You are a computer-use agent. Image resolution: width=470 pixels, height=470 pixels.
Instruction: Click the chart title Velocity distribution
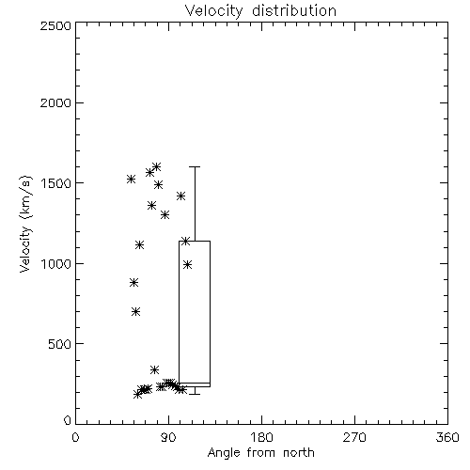(260, 11)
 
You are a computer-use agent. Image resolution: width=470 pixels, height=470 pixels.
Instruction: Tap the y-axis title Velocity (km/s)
(25, 224)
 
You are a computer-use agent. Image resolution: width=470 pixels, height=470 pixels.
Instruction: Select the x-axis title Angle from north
(260, 453)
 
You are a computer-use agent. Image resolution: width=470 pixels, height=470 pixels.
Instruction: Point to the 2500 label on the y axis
(56, 25)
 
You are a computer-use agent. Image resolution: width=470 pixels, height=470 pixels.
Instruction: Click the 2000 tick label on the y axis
(56, 103)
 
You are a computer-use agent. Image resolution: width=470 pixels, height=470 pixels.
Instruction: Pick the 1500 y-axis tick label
(56, 183)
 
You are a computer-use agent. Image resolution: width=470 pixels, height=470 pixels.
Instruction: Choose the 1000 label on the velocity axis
(56, 264)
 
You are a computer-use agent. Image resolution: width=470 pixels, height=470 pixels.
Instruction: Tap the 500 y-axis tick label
(60, 344)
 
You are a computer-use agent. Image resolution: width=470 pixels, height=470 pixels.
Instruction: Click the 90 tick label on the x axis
(168, 437)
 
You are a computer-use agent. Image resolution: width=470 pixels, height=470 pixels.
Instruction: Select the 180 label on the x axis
(261, 437)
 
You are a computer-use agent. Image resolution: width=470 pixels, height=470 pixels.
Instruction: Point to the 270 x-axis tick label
(354, 437)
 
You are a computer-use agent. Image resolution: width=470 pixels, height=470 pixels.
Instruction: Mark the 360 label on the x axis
(447, 437)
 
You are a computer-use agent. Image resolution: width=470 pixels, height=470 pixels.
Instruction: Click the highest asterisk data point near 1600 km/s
(156, 166)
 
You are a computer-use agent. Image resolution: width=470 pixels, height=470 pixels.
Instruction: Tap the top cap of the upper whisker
(195, 167)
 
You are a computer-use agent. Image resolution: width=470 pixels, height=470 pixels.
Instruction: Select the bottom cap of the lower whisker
(195, 394)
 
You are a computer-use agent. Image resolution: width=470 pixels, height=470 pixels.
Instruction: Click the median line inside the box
(195, 383)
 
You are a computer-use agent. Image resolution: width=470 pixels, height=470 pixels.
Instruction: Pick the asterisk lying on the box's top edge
(186, 241)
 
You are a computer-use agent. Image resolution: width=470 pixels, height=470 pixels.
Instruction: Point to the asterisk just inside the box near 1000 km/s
(187, 265)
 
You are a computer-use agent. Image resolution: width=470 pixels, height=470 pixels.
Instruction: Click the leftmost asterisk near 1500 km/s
(131, 179)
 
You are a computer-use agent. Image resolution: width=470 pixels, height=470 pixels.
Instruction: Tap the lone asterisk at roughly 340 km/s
(154, 369)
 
